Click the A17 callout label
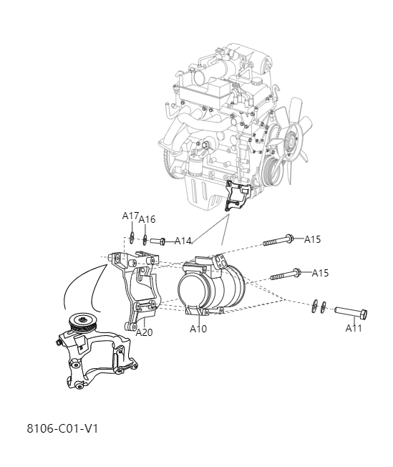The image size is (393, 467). pos(130,215)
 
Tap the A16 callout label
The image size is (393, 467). pos(147,219)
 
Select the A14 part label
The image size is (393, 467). pos(183,241)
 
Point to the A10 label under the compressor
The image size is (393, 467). pos(198,329)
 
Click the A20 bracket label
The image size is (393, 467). pos(144,332)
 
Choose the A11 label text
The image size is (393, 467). pos(354,328)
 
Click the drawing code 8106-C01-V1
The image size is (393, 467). pos(62,428)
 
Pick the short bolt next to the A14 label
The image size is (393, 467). pos(157,241)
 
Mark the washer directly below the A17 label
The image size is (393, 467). pos(133,237)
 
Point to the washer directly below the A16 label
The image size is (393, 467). pos(145,239)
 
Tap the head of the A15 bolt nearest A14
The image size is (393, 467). pos(288,239)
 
